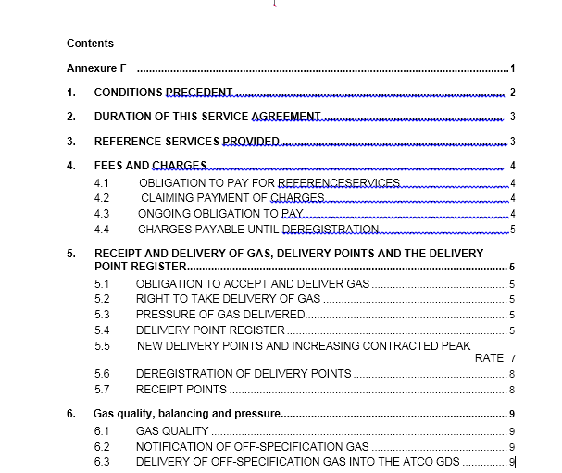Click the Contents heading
point(90,43)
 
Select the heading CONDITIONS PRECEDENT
point(163,93)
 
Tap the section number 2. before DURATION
point(71,117)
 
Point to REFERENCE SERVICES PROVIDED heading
point(186,142)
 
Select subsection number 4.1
point(102,183)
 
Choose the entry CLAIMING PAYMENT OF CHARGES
point(232,198)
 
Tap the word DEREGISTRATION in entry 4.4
point(331,229)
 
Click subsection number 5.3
point(102,315)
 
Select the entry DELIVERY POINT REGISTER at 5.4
point(210,330)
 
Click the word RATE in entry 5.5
point(489,357)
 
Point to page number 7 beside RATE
point(512,357)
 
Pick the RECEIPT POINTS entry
point(181,389)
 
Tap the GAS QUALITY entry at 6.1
point(172,431)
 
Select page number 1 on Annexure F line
point(512,69)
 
